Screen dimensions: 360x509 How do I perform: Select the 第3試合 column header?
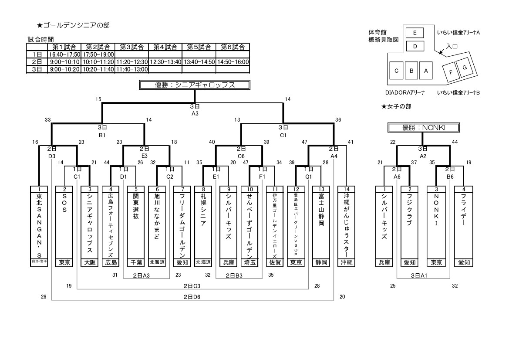coord(131,47)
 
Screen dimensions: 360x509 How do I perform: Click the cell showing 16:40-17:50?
coord(64,54)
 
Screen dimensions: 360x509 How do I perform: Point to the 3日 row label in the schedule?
coord(37,69)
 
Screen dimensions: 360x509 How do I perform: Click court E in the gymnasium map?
coord(415,33)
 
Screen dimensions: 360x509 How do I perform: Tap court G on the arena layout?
coord(465,67)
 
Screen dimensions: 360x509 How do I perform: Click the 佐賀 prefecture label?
coord(274,262)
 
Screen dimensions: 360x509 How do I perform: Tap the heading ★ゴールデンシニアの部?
coord(73,25)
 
